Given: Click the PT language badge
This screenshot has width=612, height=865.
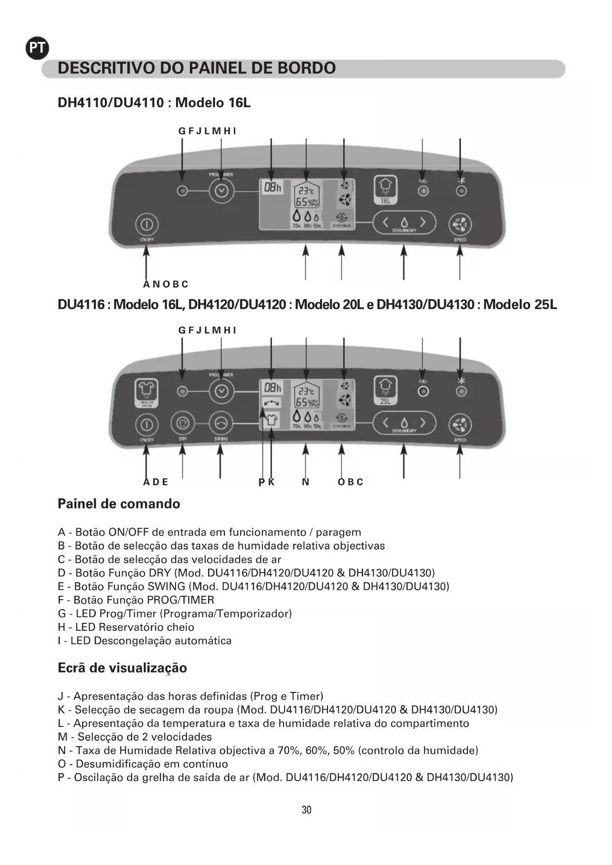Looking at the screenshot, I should (37, 48).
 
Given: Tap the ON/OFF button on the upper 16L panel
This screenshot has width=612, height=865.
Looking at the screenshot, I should (146, 225).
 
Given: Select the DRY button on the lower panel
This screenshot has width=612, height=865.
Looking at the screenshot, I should (182, 423).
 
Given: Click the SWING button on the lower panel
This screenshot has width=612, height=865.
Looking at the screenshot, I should (221, 423).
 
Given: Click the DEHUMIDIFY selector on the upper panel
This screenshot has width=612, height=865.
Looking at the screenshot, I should (404, 223).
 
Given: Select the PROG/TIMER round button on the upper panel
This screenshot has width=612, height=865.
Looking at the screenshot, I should (221, 191).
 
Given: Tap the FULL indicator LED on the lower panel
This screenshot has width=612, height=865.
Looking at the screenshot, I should (423, 392).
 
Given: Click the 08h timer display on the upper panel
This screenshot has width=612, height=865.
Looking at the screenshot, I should (272, 187).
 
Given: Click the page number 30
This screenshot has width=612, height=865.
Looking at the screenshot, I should (306, 810).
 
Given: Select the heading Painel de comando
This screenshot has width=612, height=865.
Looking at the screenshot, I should (119, 504).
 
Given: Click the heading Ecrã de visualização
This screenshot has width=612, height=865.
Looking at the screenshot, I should (122, 668).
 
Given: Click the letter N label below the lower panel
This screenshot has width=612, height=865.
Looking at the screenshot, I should (306, 482).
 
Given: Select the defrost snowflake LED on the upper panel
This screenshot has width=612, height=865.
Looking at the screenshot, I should (461, 191).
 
